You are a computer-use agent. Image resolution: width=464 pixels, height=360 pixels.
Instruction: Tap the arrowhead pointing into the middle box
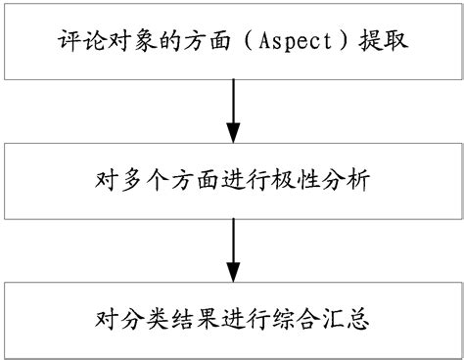pos(232,132)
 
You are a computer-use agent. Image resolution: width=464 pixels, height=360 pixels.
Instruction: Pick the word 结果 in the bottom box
pos(186,318)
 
